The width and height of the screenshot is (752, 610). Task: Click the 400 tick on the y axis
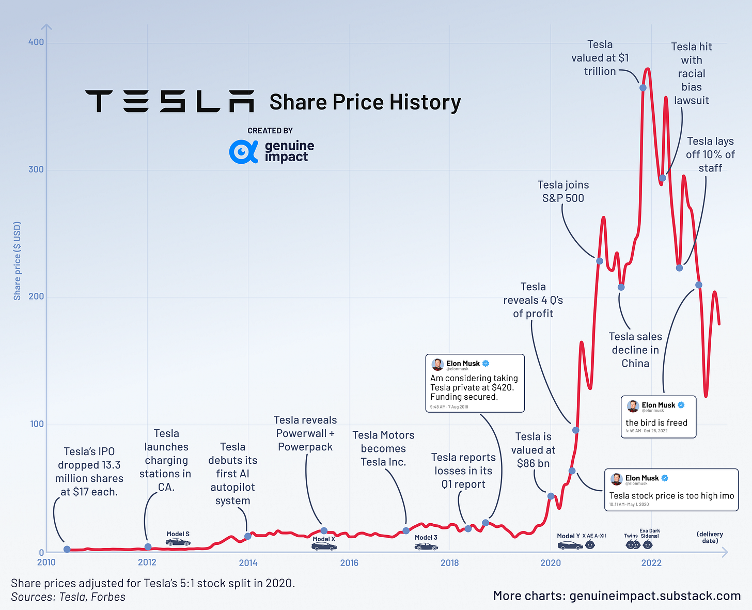pos(36,42)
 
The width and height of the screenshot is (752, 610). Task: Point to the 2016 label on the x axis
pos(349,562)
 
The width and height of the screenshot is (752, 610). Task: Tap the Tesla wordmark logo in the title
pos(169,101)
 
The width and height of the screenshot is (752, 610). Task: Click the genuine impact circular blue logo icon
pos(243,152)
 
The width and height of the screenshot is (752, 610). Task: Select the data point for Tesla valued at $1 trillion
pos(643,88)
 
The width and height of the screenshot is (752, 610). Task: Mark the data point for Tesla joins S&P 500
pos(600,261)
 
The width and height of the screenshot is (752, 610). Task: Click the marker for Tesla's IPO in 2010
pos(67,549)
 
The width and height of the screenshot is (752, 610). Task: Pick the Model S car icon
pos(178,542)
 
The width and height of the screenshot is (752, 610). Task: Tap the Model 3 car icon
pos(426,546)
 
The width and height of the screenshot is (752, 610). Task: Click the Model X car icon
pos(324,546)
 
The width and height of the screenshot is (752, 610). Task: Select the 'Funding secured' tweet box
pos(475,383)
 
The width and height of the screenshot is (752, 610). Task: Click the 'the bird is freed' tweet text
pos(656,423)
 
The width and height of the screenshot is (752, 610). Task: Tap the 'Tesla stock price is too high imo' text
pos(671,495)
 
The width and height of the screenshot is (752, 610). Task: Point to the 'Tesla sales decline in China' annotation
pos(635,350)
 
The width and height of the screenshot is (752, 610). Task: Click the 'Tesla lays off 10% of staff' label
pos(710,154)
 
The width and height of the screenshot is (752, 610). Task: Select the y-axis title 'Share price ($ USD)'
pos(17,261)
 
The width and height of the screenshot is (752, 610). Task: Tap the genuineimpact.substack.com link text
pos(655,596)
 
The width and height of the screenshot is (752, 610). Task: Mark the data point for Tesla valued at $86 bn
pos(551,496)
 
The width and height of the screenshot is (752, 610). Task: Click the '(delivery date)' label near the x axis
pos(710,538)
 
